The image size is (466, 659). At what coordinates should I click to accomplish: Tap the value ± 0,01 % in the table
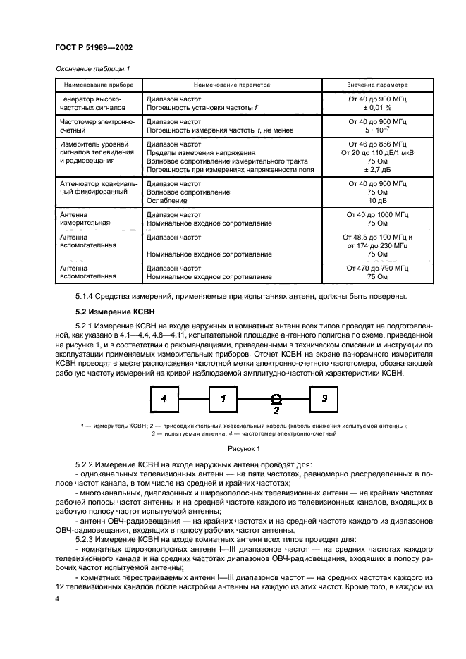(377, 109)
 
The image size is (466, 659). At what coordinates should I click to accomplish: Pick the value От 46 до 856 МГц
(377, 144)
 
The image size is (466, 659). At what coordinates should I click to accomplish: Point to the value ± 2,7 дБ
(377, 170)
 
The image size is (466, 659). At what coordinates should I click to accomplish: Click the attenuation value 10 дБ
(377, 200)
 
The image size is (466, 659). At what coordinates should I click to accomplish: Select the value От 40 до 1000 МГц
(377, 214)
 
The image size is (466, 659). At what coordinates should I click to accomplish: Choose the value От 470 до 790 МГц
(377, 269)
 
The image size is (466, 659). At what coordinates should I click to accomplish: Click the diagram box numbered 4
(164, 398)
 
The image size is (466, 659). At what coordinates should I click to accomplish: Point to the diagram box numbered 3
(324, 398)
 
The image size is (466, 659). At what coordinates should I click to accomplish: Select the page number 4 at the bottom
(58, 598)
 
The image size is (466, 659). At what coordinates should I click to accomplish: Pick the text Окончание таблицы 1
(88, 68)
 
